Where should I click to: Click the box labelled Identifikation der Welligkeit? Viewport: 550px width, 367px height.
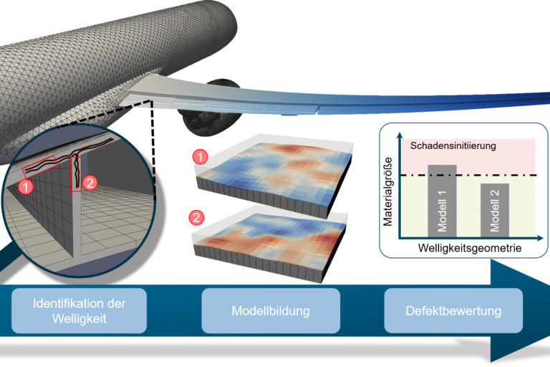[x=79, y=310]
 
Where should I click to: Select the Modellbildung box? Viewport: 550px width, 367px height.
[x=270, y=310]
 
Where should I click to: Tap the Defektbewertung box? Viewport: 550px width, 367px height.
[x=453, y=310]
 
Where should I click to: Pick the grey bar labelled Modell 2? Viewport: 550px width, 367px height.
[x=495, y=209]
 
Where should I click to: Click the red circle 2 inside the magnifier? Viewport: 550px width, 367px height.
[x=90, y=182]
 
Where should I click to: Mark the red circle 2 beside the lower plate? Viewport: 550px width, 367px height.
[x=196, y=216]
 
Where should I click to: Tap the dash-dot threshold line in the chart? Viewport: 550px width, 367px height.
[x=465, y=175]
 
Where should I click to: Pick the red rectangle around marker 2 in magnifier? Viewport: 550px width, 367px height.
[x=77, y=175]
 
